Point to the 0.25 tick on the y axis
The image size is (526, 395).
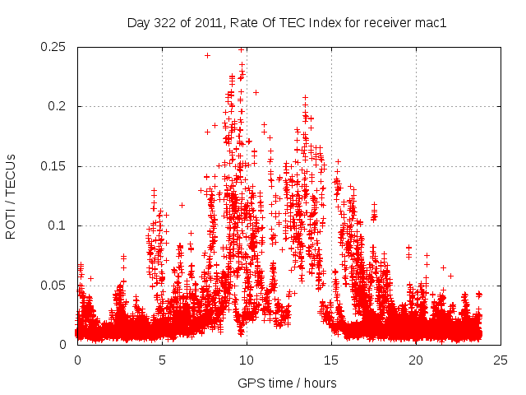click(x=54, y=47)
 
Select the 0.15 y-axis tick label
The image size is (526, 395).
click(x=54, y=166)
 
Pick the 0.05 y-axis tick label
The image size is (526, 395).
click(x=54, y=286)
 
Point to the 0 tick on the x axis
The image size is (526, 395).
click(x=77, y=360)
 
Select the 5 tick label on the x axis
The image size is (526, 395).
click(x=162, y=360)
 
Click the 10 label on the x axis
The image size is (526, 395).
click(x=247, y=360)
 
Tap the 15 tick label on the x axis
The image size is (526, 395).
click(x=331, y=360)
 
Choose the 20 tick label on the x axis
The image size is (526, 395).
click(x=416, y=360)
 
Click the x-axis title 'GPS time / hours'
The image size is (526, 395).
click(x=288, y=383)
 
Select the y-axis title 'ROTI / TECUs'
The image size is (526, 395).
click(x=12, y=196)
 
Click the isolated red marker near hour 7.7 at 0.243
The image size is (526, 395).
click(x=207, y=56)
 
